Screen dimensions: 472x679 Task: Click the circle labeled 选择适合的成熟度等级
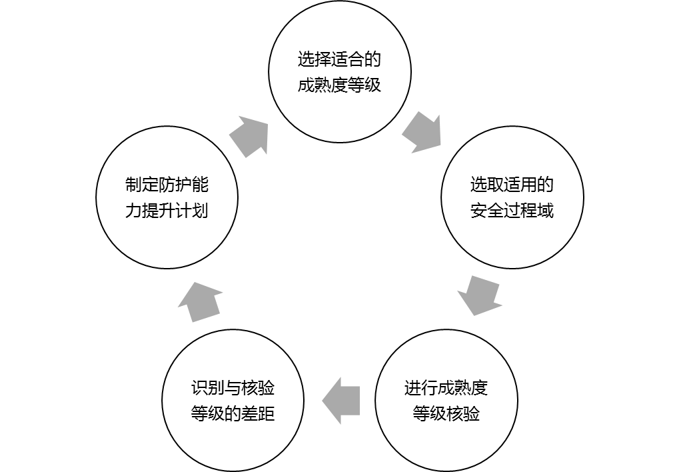[x=339, y=72]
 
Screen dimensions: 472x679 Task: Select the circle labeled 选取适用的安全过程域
[x=512, y=197]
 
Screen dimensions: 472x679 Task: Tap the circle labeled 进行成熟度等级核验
[x=446, y=401]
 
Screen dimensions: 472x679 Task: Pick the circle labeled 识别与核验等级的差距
[x=233, y=401]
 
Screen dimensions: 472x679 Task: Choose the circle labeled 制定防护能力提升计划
[x=167, y=197]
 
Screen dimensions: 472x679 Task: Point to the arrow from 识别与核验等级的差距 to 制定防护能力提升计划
[x=200, y=301]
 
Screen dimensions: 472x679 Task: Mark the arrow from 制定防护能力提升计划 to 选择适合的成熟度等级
[x=250, y=135]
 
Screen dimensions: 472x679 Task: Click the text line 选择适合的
[x=339, y=60]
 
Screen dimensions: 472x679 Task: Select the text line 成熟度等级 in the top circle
[x=339, y=85]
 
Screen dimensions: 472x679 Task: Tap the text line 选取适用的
[x=512, y=185]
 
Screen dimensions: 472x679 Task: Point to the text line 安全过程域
[x=512, y=211]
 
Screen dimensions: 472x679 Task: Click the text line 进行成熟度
[x=446, y=388]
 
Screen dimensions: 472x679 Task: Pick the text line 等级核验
[x=446, y=414]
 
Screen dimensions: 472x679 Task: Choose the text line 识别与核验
[x=233, y=388]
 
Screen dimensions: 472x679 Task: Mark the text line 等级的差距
[x=233, y=414]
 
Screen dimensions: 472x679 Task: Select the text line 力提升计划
[x=167, y=211]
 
